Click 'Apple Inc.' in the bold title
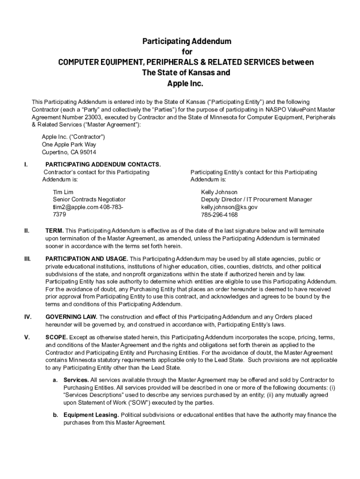pyautogui.click(x=186, y=84)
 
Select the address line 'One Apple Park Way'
pyautogui.click(x=69, y=145)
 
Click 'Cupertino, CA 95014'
pyautogui.click(x=69, y=152)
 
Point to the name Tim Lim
pyautogui.click(x=63, y=192)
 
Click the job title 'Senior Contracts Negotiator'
pyautogui.click(x=89, y=200)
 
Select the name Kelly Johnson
pyautogui.click(x=219, y=192)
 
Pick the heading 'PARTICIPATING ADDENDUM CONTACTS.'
pyautogui.click(x=103, y=165)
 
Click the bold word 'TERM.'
pyautogui.click(x=54, y=231)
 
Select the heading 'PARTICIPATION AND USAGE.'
pyautogui.click(x=86, y=259)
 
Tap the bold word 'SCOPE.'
pyautogui.click(x=57, y=337)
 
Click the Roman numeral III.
pyautogui.click(x=27, y=259)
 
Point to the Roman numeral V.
pyautogui.click(x=26, y=337)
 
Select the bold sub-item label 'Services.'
pyautogui.click(x=76, y=380)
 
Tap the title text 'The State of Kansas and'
pyautogui.click(x=186, y=73)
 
